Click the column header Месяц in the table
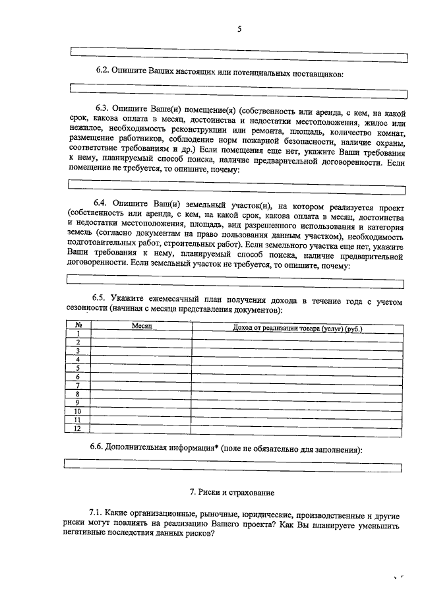pyautogui.click(x=142, y=327)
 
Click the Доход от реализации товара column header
pyautogui.click(x=298, y=327)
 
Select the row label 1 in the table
pyautogui.click(x=78, y=334)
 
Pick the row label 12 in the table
pyautogui.click(x=78, y=428)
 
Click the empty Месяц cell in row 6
pyautogui.click(x=141, y=377)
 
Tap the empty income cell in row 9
pyautogui.click(x=298, y=402)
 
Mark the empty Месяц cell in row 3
pyautogui.click(x=141, y=351)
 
